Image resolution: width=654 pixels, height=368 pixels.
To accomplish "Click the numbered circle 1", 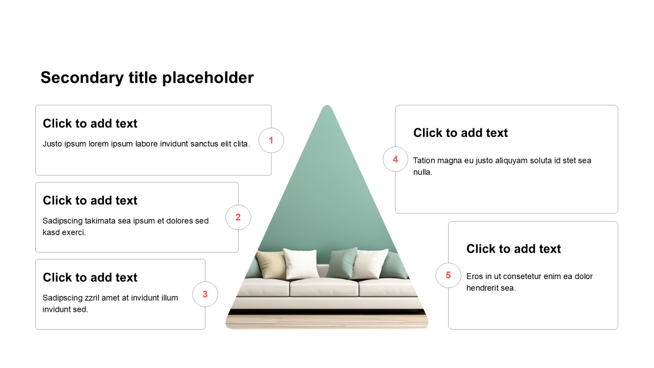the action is click(271, 141).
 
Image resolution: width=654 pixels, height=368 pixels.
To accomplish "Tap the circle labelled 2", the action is click(238, 217).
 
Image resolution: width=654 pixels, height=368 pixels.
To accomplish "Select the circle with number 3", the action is click(205, 294).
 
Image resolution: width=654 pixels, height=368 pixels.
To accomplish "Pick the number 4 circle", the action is click(395, 159).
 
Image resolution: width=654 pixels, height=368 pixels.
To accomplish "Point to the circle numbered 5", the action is click(448, 275).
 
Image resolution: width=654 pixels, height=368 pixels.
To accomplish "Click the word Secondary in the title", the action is click(82, 78).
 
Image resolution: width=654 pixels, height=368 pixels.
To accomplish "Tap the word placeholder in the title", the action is click(208, 78).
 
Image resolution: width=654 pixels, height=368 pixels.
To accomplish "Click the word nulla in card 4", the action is click(422, 172).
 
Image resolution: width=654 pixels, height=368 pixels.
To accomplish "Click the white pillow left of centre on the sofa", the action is click(301, 263).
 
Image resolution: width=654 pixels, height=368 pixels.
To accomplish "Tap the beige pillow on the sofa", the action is click(271, 264).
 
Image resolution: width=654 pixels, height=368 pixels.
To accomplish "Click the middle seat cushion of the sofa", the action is click(324, 287).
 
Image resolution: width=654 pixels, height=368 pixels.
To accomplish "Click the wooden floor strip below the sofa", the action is click(327, 321).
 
